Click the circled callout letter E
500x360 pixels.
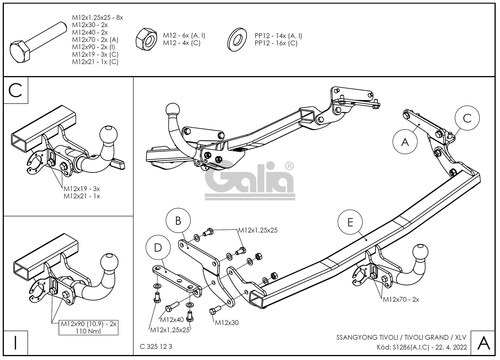tap(347, 220)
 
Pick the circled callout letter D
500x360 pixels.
tap(158, 245)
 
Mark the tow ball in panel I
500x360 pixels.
tap(105, 263)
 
